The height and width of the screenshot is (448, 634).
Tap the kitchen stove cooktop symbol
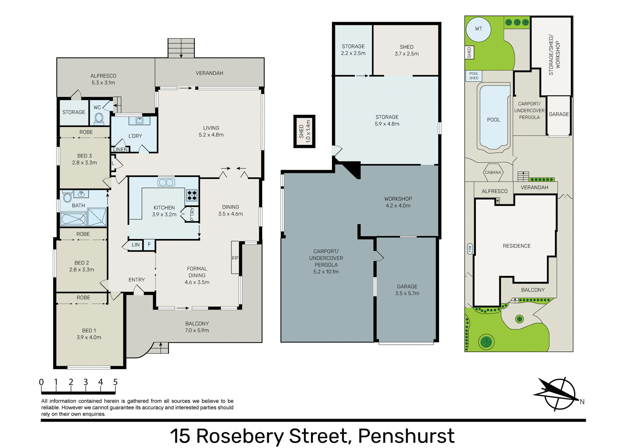pyautogui.click(x=192, y=195)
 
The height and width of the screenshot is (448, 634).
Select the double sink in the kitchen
pyautogui.click(x=166, y=183)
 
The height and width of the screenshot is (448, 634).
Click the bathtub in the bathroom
pyautogui.click(x=74, y=219)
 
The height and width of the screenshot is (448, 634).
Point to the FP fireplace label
pyautogui.click(x=235, y=258)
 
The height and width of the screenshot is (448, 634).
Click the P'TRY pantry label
pyautogui.click(x=192, y=214)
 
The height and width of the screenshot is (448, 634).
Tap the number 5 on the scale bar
pyautogui.click(x=115, y=382)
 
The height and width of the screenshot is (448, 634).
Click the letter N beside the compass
pyautogui.click(x=582, y=402)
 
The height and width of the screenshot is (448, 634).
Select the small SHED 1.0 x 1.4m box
pyautogui.click(x=304, y=131)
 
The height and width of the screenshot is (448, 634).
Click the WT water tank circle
pyautogui.click(x=478, y=29)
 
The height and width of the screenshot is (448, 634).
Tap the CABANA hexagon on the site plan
pyautogui.click(x=493, y=172)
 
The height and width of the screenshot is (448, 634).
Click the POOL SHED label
pyautogui.click(x=474, y=76)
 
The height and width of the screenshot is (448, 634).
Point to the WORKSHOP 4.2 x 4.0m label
pyautogui.click(x=398, y=202)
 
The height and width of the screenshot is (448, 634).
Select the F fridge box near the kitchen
pyautogui.click(x=149, y=245)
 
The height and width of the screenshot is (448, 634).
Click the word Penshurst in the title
pyautogui.click(x=406, y=436)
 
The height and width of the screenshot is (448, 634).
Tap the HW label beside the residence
pyautogui.click(x=470, y=249)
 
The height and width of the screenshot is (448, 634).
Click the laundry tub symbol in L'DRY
pyautogui.click(x=139, y=121)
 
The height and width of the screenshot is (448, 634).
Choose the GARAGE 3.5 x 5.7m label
pyautogui.click(x=407, y=290)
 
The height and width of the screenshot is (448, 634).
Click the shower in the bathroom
pyautogui.click(x=97, y=217)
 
